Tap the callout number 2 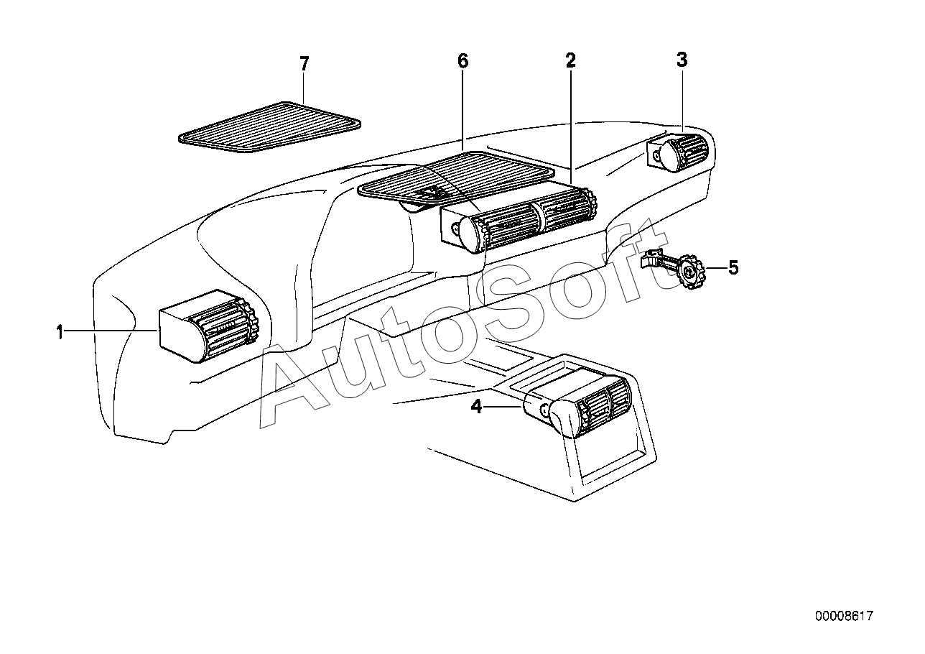click(x=570, y=61)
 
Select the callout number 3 click(x=682, y=60)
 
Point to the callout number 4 click(x=476, y=407)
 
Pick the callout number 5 click(x=733, y=268)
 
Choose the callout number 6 click(x=462, y=61)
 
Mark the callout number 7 click(x=304, y=64)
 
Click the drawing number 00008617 click(x=844, y=616)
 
